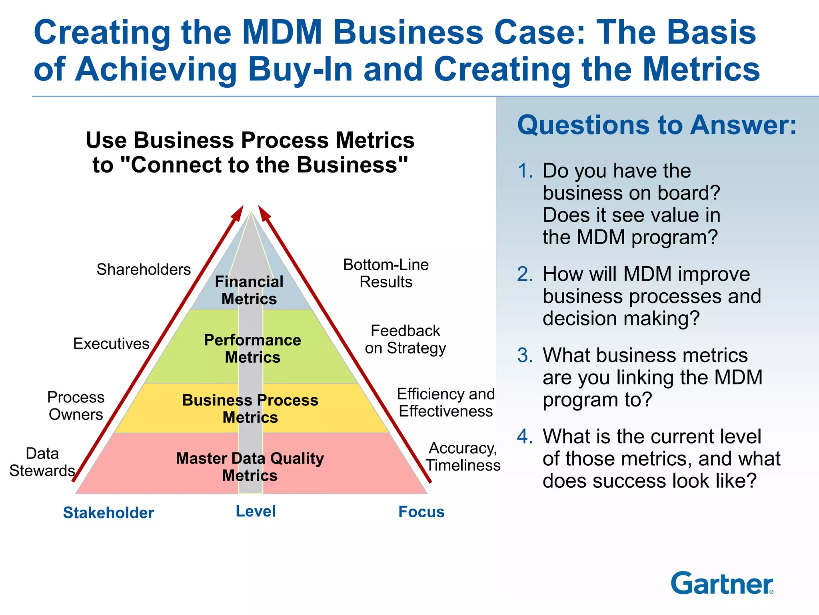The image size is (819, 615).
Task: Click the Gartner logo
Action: pos(722,583)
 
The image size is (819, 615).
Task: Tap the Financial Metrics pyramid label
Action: pos(249,290)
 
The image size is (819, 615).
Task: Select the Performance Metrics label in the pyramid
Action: pos(252,348)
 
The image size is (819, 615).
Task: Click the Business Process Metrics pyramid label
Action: pos(250,408)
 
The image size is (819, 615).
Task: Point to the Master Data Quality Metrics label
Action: pos(250,466)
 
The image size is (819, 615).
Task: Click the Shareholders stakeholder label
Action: pos(144,269)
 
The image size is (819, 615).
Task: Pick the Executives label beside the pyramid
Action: pos(111,344)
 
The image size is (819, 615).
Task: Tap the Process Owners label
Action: pos(76,406)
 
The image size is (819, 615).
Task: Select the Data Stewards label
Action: pos(42,462)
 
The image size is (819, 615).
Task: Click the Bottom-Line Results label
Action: pos(386,273)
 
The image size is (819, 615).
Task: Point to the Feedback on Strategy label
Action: pos(405,339)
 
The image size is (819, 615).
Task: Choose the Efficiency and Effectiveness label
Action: pos(445,402)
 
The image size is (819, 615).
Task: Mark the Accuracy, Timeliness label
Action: pos(463,456)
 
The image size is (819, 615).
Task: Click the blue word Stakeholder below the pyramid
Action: pos(108,512)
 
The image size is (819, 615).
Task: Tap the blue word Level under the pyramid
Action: pos(256,511)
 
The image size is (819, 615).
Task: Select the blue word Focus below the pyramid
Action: pos(421,512)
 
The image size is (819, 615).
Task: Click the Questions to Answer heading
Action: pos(657,125)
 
